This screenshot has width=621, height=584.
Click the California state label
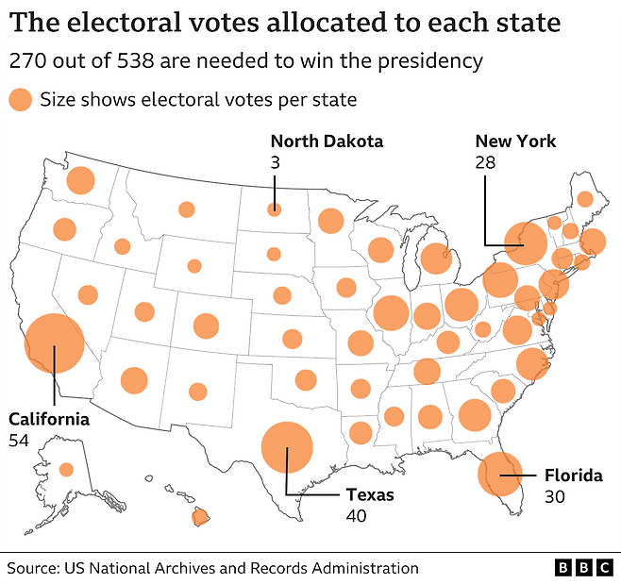(x=49, y=419)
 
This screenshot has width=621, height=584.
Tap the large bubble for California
(x=54, y=345)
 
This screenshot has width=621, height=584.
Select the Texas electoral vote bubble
(x=286, y=447)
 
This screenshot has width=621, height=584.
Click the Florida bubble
(x=500, y=475)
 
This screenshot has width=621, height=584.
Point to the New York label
(x=515, y=142)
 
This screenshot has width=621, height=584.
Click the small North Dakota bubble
(x=274, y=209)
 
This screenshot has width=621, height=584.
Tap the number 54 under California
(x=19, y=440)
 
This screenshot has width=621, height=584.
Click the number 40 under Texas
(x=356, y=516)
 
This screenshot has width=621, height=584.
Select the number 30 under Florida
(x=554, y=497)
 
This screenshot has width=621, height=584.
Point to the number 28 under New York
(x=485, y=163)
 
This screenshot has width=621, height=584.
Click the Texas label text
(x=370, y=494)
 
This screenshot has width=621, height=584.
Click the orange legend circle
(x=20, y=99)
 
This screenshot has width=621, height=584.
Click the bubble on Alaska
(x=66, y=469)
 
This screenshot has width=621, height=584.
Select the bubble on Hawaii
(x=200, y=517)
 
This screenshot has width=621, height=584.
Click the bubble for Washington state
(x=81, y=180)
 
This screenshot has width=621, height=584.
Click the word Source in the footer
(x=33, y=568)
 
